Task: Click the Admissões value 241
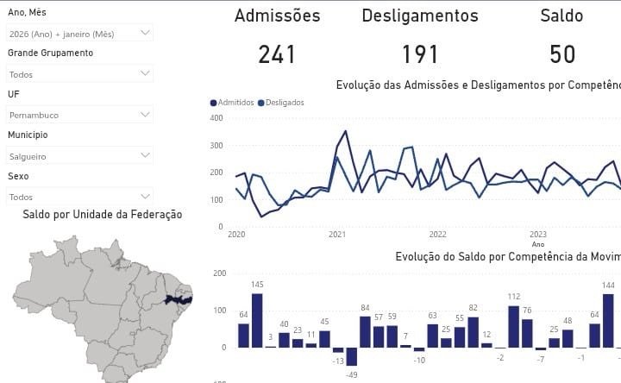(277, 55)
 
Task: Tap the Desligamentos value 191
(420, 55)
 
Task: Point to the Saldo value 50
(562, 55)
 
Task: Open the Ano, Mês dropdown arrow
(145, 33)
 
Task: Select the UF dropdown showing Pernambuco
(79, 114)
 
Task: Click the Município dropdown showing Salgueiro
(79, 156)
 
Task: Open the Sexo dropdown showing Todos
(79, 196)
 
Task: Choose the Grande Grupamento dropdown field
(79, 74)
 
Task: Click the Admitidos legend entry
(233, 103)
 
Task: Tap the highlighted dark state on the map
(178, 299)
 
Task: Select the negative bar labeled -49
(352, 356)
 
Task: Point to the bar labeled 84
(365, 331)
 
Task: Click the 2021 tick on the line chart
(337, 235)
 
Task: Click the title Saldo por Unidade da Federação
(103, 215)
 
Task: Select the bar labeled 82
(473, 332)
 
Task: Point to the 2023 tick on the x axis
(538, 235)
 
